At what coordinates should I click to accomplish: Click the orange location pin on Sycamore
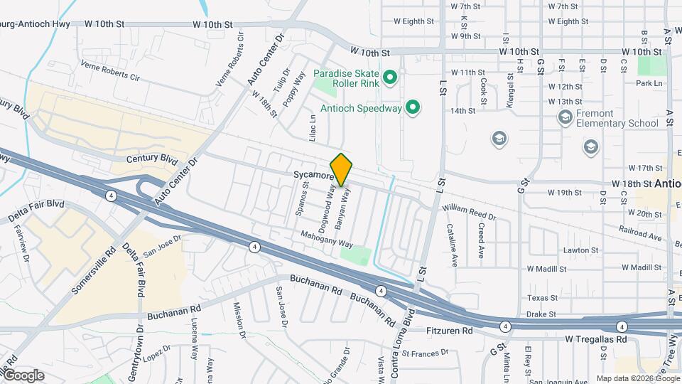(342, 169)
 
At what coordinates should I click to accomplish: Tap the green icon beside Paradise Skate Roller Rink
(389, 77)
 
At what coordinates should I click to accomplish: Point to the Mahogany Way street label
(326, 238)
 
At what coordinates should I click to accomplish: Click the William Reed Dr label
(468, 211)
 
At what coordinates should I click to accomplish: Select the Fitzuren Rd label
(449, 331)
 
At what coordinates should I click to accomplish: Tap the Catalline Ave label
(453, 245)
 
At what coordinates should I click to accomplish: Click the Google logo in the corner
(23, 375)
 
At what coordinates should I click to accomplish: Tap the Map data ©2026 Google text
(637, 378)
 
